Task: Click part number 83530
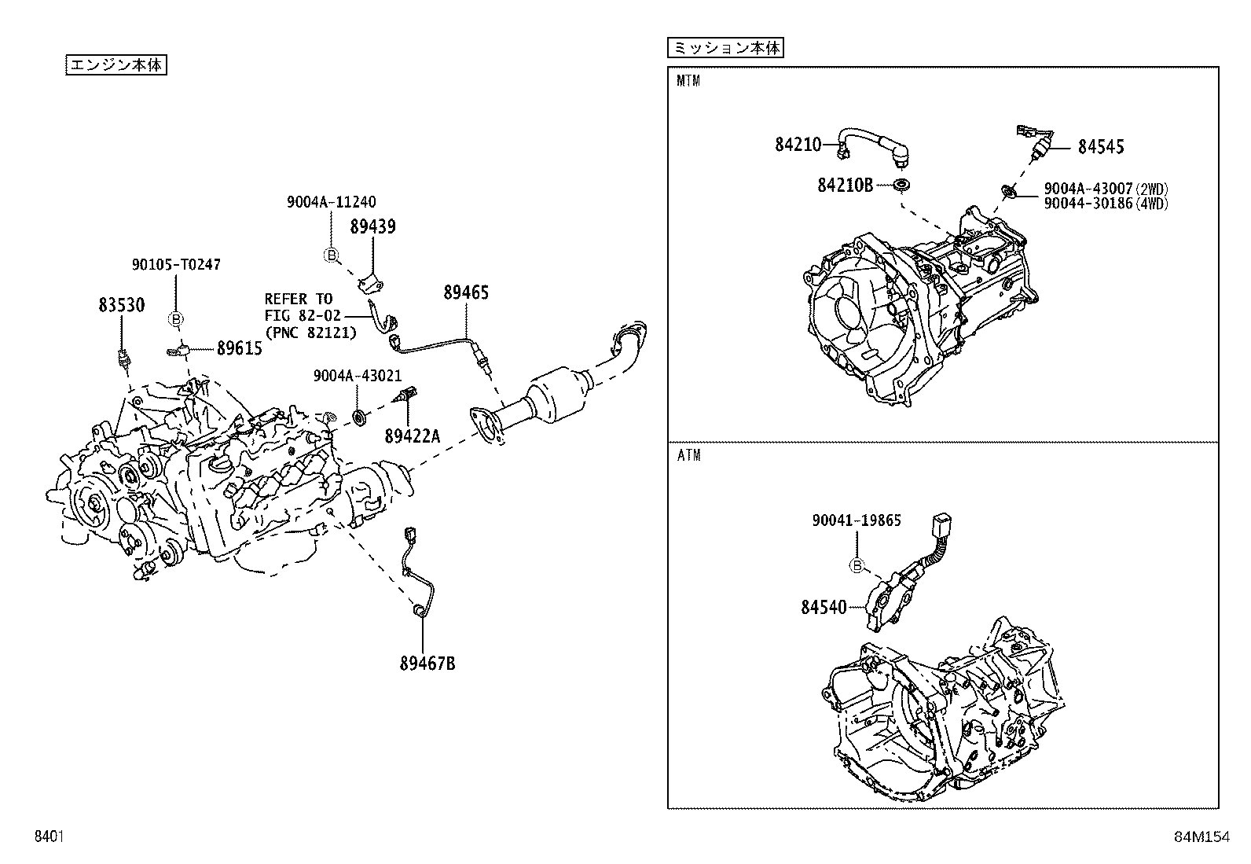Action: [121, 305]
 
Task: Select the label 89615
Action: [239, 348]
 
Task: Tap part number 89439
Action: [372, 227]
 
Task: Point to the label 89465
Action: [466, 292]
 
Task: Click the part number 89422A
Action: [412, 435]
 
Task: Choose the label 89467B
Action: [427, 664]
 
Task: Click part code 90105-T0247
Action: [175, 264]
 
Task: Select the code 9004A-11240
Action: [331, 202]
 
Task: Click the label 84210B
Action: [845, 185]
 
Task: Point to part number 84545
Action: [1100, 147]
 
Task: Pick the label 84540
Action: [824, 607]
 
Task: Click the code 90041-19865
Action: [856, 520]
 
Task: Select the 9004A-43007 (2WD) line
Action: [1106, 189]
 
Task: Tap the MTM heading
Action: [688, 81]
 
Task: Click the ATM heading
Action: [688, 455]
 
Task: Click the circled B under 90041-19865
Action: [857, 565]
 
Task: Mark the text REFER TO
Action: [298, 299]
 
